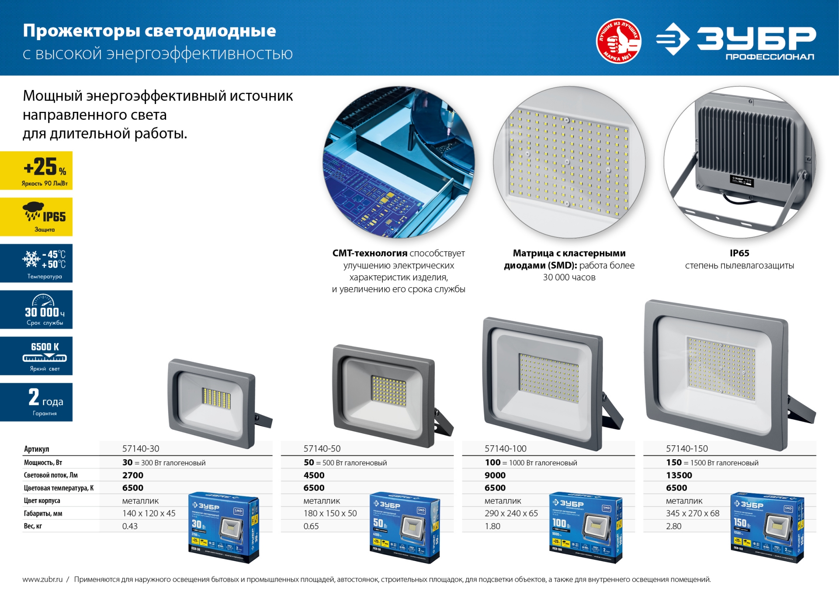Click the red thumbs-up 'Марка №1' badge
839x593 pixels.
pyautogui.click(x=618, y=41)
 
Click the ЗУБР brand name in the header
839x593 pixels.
pyautogui.click(x=756, y=38)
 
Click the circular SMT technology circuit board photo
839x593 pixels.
pyautogui.click(x=399, y=162)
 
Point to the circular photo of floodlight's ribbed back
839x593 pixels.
pyautogui.click(x=739, y=162)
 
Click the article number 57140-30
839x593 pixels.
pyautogui.click(x=141, y=448)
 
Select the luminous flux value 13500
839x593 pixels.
pyautogui.click(x=679, y=475)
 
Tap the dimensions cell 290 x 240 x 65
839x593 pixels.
pyautogui.click(x=511, y=513)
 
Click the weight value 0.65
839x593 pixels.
pyautogui.click(x=311, y=526)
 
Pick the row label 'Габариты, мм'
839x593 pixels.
pyautogui.click(x=43, y=513)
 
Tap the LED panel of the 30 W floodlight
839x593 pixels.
pyautogui.click(x=216, y=397)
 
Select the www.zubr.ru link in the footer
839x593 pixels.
pyautogui.click(x=42, y=579)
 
